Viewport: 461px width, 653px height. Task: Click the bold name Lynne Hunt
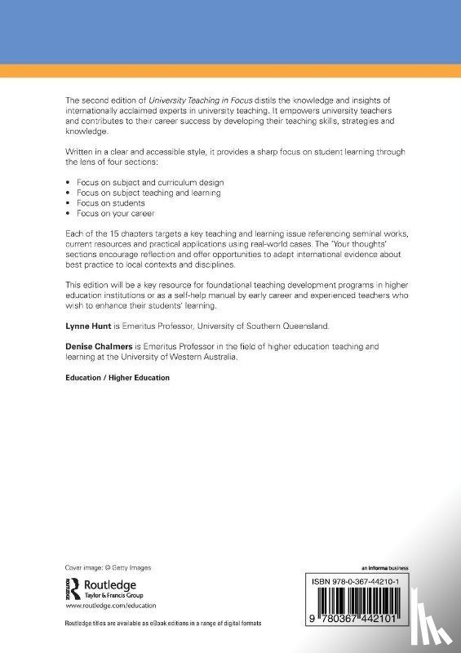[x=85, y=325]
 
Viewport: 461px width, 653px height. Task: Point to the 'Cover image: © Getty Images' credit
[x=108, y=567]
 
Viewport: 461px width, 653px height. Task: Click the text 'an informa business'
[x=384, y=567]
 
